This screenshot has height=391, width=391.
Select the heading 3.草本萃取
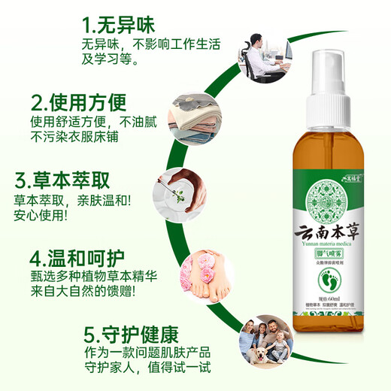click(x=62, y=181)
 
